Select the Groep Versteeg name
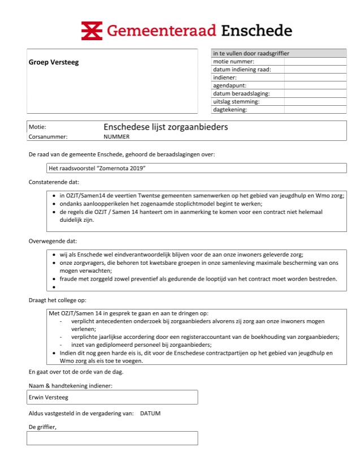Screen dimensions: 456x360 click(x=54, y=62)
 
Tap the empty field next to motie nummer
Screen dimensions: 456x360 click(x=315, y=61)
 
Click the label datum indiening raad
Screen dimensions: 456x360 click(x=242, y=69)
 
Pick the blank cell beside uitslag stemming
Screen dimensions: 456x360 click(x=315, y=101)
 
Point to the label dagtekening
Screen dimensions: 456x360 click(x=230, y=109)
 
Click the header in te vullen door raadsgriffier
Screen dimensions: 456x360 click(x=251, y=53)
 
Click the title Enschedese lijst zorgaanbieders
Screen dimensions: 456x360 click(x=166, y=127)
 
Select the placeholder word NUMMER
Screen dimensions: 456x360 click(x=116, y=137)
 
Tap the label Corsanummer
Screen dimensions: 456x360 click(x=47, y=137)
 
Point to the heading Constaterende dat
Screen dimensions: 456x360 click(x=54, y=182)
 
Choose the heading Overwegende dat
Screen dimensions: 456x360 click(x=53, y=240)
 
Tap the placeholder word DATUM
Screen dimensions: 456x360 click(x=150, y=414)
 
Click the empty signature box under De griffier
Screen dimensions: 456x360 click(x=112, y=438)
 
